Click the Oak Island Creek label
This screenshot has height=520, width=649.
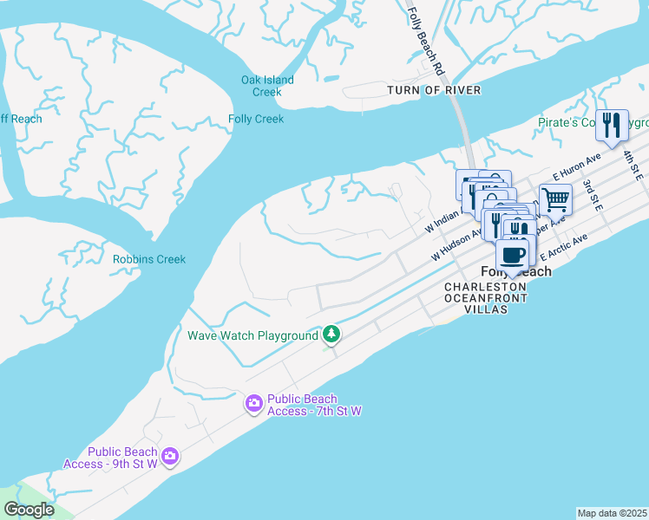(267, 86)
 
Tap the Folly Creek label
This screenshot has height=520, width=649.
(256, 120)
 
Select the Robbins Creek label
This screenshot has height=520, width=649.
(149, 259)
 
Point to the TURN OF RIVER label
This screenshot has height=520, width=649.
(434, 90)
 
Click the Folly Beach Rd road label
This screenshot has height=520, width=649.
(426, 41)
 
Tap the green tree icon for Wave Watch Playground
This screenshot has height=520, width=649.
(331, 335)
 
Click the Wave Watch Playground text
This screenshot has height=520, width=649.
(252, 335)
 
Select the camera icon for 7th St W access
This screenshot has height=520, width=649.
(253, 403)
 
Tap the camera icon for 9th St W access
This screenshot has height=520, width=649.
(170, 455)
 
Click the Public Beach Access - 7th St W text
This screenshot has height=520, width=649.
(313, 405)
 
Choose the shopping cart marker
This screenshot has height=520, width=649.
(555, 199)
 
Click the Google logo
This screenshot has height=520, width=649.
(29, 510)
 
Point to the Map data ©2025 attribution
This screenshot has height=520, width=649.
(613, 513)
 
